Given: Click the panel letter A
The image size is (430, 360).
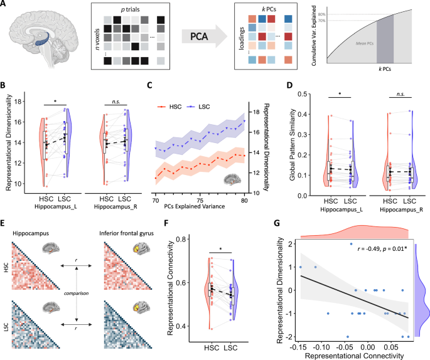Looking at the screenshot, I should tap(6, 6).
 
